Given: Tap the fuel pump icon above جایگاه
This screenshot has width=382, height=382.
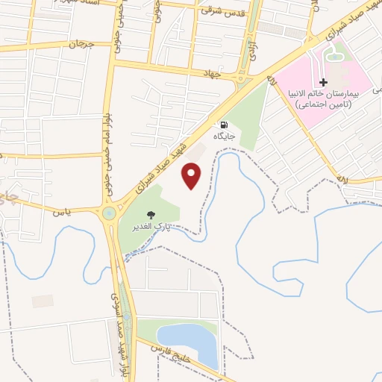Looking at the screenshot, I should click(224, 125).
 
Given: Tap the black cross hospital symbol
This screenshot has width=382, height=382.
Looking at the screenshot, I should click(322, 81).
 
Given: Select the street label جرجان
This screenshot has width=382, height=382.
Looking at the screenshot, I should click(84, 44).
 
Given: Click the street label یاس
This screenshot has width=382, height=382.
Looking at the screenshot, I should click(60, 212).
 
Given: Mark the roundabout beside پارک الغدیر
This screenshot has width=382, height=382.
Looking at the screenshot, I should click(110, 214).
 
